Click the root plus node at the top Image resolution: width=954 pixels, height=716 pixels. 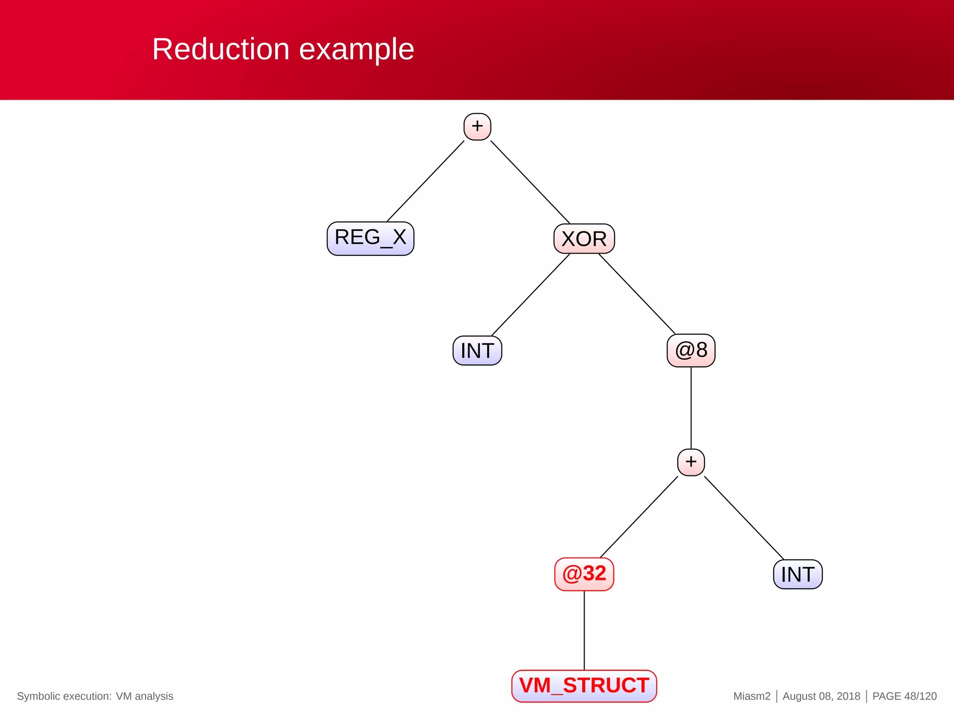[477, 126]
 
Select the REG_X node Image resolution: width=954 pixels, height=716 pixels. [370, 238]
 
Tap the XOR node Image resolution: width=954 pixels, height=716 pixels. [584, 239]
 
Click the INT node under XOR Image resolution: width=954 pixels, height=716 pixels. [477, 351]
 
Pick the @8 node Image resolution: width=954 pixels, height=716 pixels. [691, 350]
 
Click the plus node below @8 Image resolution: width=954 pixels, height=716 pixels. [691, 462]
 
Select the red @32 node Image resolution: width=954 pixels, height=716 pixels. [584, 574]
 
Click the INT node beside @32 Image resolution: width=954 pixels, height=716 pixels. [797, 574]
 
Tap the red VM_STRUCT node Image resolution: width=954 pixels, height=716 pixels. [584, 686]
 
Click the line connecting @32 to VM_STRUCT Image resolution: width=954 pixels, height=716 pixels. [584, 630]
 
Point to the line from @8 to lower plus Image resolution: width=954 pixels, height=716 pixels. [691, 408]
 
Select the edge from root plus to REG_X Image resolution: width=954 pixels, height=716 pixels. [425, 181]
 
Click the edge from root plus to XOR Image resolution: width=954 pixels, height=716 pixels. [530, 182]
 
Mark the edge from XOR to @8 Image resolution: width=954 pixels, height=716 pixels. [637, 294]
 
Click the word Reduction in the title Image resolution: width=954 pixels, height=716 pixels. [221, 49]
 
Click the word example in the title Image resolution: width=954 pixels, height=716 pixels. [356, 50]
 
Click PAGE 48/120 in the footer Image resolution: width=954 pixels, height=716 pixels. [904, 696]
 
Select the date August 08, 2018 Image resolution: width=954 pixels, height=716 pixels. [821, 696]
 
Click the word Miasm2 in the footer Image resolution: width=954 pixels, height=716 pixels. [752, 696]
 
